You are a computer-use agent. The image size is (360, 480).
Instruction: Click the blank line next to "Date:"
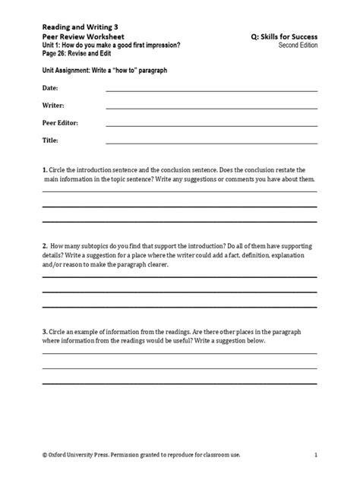pyautogui.click(x=211, y=90)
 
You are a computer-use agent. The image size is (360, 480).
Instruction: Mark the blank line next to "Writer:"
pyautogui.click(x=211, y=108)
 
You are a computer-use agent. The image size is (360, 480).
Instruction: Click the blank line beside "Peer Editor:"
pyautogui.click(x=211, y=125)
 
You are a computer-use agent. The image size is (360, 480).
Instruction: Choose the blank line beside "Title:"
pyautogui.click(x=211, y=143)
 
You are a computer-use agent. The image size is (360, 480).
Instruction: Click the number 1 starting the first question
pyautogui.click(x=43, y=169)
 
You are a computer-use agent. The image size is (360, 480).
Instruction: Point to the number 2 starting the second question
pyautogui.click(x=43, y=248)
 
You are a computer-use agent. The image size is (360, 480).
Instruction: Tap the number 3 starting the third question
pyautogui.click(x=43, y=332)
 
